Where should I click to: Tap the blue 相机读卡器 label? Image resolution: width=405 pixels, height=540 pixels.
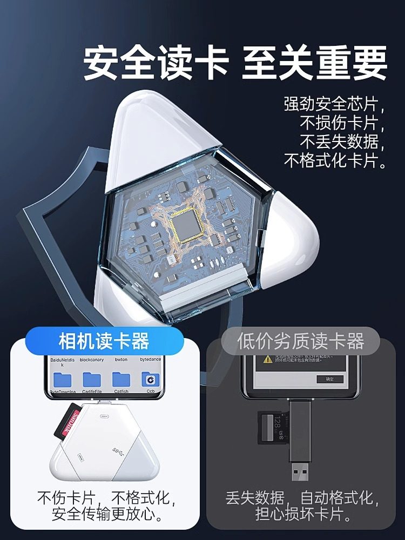104,341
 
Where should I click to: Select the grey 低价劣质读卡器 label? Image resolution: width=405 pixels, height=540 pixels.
301,341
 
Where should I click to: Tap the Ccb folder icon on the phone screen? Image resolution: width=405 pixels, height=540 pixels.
150,380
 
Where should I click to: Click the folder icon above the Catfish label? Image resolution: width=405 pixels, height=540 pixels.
121,379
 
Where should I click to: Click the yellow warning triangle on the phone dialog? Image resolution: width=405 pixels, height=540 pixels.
267,358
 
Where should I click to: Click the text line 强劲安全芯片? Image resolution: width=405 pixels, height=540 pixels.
335,104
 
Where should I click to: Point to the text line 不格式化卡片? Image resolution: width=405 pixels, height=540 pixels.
335,160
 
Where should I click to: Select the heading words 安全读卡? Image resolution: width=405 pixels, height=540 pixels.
156,64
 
